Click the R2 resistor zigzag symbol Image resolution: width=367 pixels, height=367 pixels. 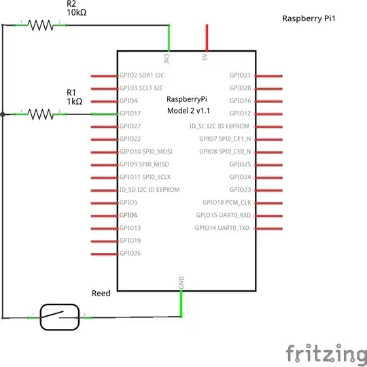(x=41, y=25)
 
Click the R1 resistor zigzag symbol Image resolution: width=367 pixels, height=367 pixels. (x=41, y=114)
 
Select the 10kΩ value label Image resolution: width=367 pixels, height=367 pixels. (x=76, y=12)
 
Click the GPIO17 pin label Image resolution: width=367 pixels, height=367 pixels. (x=130, y=113)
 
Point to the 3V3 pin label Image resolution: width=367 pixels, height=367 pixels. (x=167, y=58)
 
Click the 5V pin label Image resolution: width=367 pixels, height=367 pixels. (x=205, y=58)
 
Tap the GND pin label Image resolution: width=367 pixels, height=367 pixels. (x=181, y=283)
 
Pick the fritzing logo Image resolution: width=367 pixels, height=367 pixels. (x=324, y=353)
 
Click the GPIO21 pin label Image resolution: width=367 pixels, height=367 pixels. (x=240, y=75)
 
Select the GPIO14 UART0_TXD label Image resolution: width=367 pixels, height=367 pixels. (x=222, y=228)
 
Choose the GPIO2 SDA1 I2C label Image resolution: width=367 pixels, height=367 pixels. (x=141, y=75)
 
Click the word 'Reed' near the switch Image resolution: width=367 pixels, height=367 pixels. (x=101, y=294)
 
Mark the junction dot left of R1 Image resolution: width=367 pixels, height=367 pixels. (x=3, y=114)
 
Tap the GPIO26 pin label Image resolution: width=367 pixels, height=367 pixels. (x=130, y=253)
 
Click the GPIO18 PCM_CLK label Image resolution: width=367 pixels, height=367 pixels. (x=226, y=203)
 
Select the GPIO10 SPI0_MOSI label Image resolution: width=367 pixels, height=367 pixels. (x=145, y=152)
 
